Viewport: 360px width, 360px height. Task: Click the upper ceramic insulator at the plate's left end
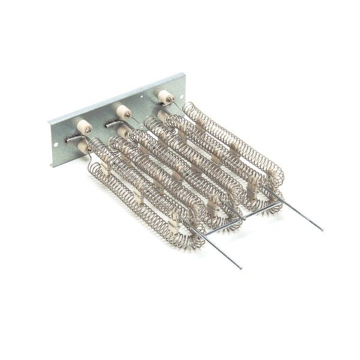click(84, 127)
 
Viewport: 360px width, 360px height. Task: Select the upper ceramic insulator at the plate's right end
click(163, 95)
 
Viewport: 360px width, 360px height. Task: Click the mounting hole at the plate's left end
click(58, 144)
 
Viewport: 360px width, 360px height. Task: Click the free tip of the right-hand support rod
click(322, 229)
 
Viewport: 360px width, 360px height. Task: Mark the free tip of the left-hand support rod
click(241, 268)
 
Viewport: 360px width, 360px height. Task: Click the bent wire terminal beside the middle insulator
click(115, 122)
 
